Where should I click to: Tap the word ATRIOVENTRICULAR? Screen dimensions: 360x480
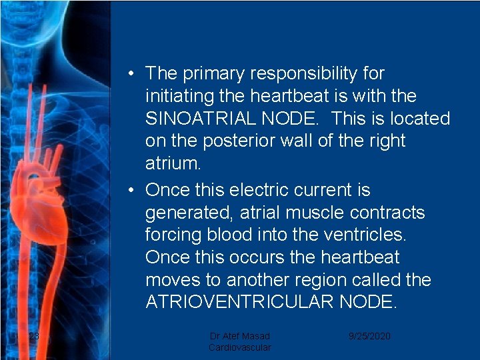[x=239, y=302]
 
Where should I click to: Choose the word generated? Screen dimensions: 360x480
[x=186, y=213]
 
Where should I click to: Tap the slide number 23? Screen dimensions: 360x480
[x=34, y=336]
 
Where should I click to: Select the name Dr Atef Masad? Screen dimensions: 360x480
[x=240, y=336]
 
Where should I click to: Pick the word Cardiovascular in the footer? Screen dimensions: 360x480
[x=240, y=347]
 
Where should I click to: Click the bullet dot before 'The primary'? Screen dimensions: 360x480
[x=134, y=73]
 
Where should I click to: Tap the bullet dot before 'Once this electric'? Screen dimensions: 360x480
[x=134, y=191]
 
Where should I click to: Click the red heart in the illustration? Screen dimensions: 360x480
[x=43, y=207]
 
